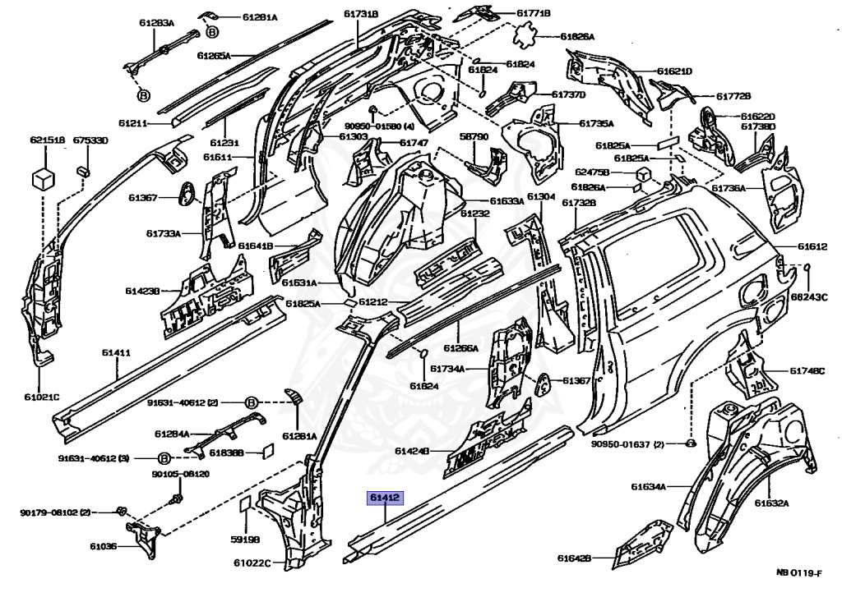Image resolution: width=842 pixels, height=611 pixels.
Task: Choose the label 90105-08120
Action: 180,474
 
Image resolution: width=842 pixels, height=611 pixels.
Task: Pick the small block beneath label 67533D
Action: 83,170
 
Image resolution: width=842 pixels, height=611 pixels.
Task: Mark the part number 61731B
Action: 359,14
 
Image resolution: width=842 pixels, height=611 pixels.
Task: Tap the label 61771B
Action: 534,13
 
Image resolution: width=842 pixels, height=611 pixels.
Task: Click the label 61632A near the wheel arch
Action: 771,503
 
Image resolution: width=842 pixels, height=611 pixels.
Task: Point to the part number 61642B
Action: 574,558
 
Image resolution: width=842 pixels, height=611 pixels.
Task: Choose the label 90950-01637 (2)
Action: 627,444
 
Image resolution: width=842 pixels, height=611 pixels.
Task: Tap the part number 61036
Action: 104,546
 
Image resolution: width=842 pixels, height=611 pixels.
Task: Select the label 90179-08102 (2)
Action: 55,512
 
